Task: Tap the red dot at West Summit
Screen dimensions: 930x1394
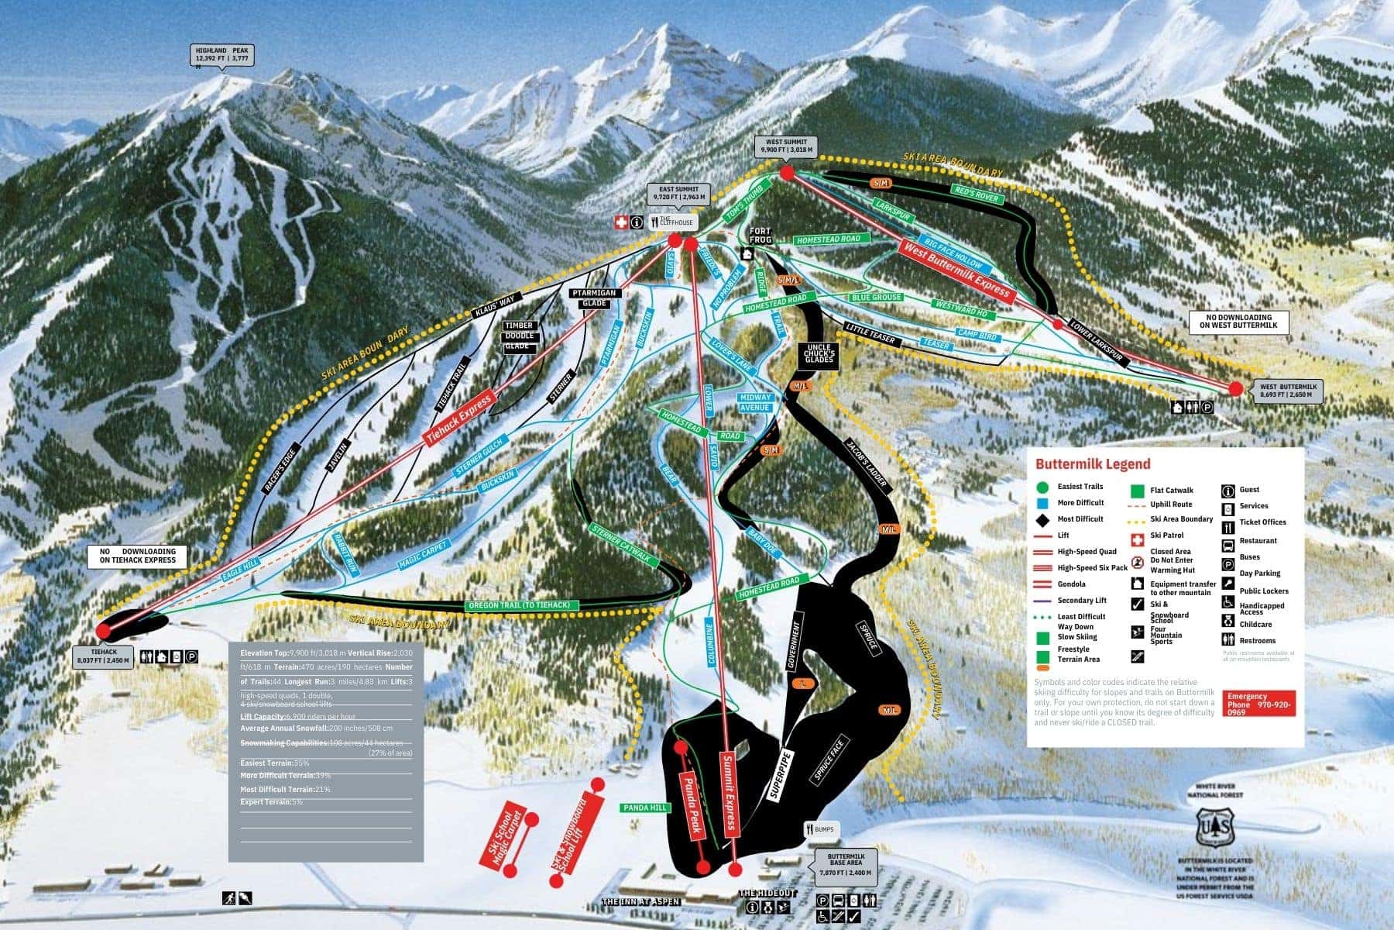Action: (x=787, y=173)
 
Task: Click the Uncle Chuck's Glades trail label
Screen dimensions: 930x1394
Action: (x=819, y=353)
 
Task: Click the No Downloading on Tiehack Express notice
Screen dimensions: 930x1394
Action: (x=137, y=556)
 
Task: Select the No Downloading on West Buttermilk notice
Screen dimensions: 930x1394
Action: (x=1239, y=322)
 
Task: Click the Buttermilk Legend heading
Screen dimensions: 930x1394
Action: (x=1092, y=464)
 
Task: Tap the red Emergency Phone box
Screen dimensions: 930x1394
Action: (x=1259, y=704)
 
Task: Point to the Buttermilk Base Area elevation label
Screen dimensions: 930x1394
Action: (x=846, y=866)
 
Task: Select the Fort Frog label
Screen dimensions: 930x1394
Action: (x=761, y=236)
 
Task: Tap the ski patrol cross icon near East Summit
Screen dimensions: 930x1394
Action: (x=620, y=223)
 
